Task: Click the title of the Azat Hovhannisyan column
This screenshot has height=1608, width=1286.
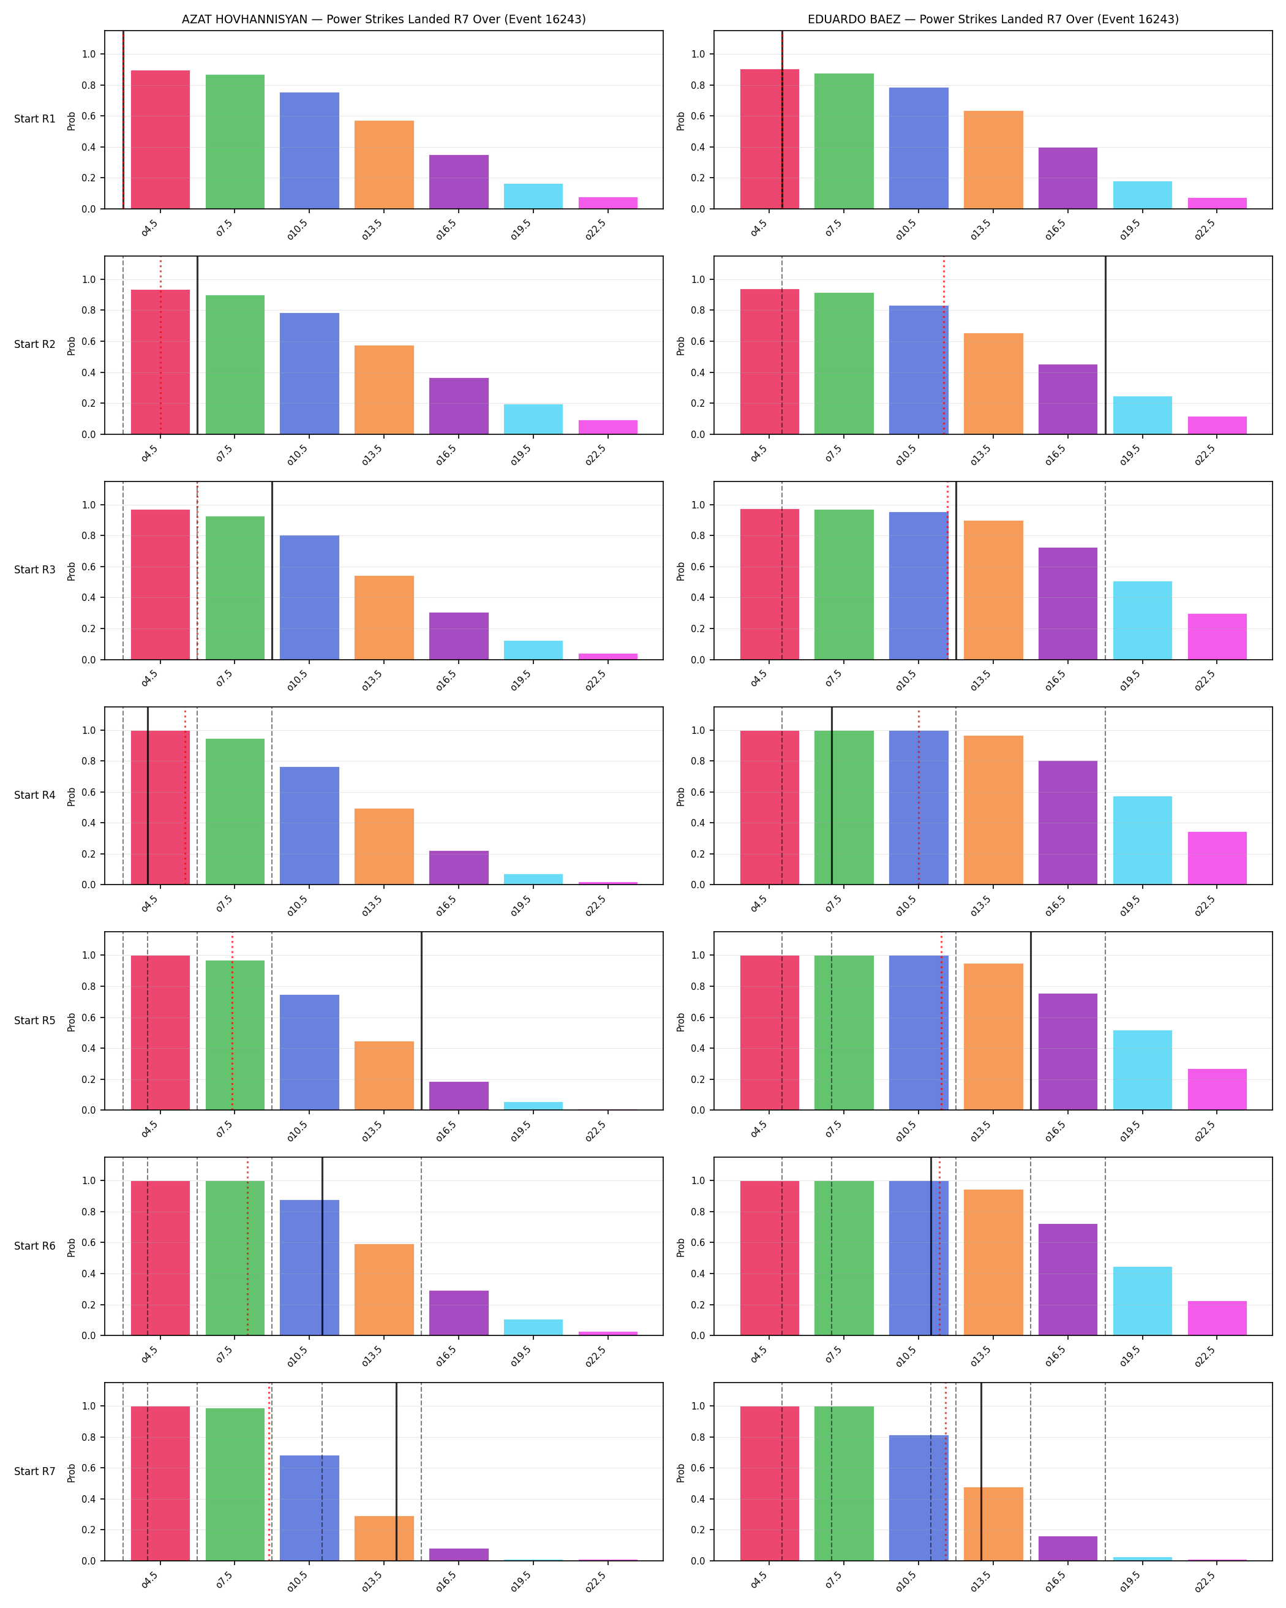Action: coord(383,20)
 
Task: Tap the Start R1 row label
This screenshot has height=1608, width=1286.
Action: coord(34,119)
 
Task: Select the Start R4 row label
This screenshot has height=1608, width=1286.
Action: coord(34,795)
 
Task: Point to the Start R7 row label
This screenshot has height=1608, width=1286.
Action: coord(34,1471)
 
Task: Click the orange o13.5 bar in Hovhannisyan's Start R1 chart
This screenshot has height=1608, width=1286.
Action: coord(384,165)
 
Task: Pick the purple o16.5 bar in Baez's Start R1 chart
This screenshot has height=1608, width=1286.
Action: coord(1067,178)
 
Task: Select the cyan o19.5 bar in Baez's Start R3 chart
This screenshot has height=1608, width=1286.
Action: coord(1142,621)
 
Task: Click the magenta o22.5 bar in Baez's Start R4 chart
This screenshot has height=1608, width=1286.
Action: coord(1217,858)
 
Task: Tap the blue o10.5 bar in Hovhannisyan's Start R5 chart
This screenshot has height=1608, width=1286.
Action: coord(309,1052)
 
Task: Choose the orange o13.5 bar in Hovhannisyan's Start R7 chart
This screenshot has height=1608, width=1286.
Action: coord(384,1538)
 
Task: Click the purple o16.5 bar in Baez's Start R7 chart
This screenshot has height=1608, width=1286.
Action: coord(1067,1549)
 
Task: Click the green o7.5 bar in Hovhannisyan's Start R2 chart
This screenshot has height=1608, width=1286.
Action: coord(235,364)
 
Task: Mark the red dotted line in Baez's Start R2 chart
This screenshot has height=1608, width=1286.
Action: coord(944,345)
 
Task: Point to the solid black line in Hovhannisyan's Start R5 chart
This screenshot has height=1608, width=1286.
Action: coord(421,1021)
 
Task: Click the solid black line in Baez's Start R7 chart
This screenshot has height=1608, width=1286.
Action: coord(981,1471)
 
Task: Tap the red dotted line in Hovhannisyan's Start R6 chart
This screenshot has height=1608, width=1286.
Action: coord(247,1246)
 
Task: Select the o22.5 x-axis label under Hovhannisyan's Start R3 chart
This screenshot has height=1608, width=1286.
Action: coord(596,680)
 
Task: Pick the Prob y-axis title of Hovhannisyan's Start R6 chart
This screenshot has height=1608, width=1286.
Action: coord(72,1247)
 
